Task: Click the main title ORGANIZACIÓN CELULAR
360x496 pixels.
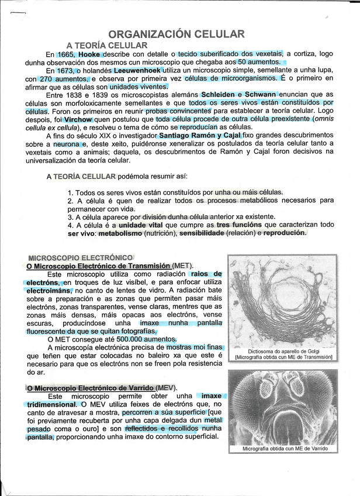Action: click(x=176, y=34)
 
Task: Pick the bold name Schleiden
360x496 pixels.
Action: click(x=221, y=94)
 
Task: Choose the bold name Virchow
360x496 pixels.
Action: click(x=78, y=119)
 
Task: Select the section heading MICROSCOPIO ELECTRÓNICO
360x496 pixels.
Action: click(x=80, y=257)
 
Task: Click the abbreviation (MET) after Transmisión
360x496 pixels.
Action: click(x=183, y=266)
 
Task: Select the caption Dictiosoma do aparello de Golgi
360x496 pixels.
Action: click(x=283, y=351)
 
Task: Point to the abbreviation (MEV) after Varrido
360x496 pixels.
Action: click(x=167, y=388)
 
